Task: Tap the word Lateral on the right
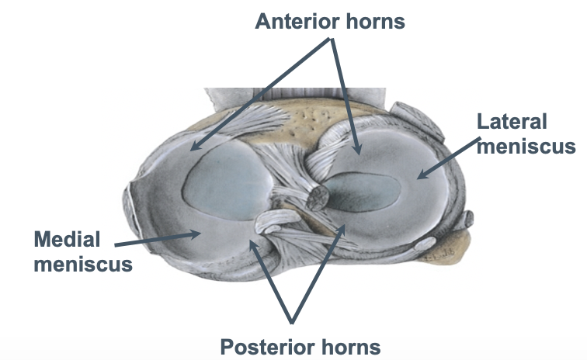click(512, 122)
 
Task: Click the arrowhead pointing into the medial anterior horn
click(192, 147)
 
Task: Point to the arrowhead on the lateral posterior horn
click(339, 227)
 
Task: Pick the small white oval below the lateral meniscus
click(426, 246)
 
